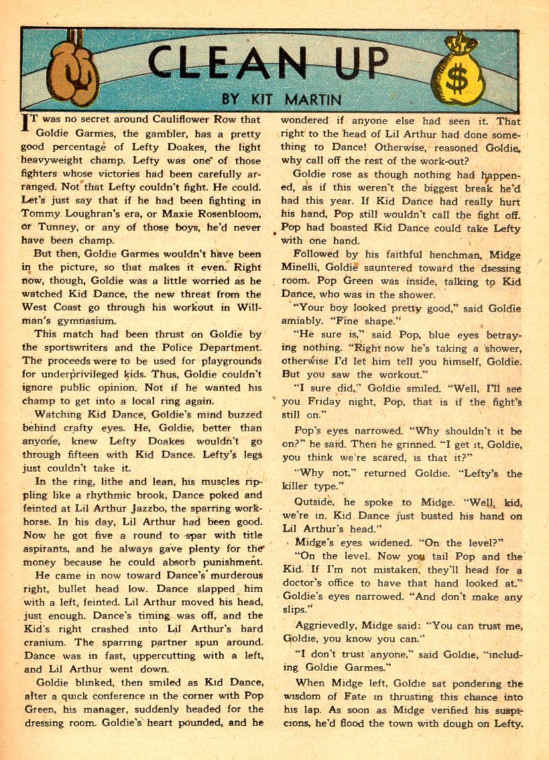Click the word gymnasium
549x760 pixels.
pyautogui.click(x=64, y=321)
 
